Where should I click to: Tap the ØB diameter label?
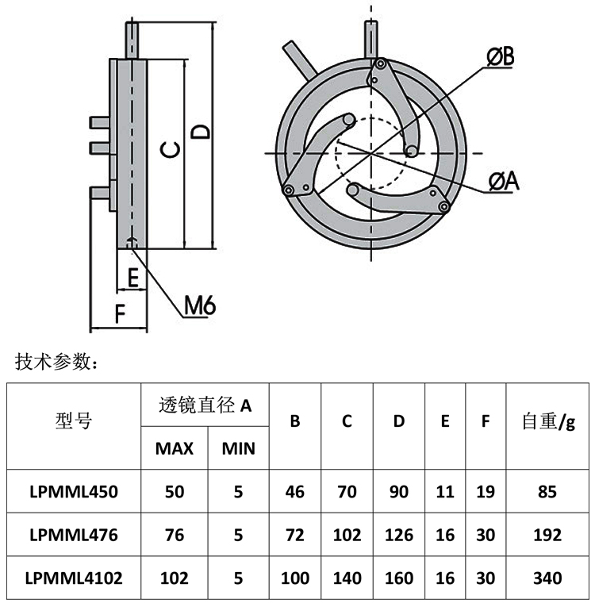pos(500,56)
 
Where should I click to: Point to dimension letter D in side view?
pos(202,131)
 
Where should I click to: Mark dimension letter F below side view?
pos(120,313)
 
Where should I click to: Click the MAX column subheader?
pos(175,448)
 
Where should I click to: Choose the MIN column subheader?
pos(238,448)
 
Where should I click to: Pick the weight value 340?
pos(547,578)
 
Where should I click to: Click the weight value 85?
pos(547,491)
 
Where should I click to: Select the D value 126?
pos(399,535)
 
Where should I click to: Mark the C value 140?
pos(347,578)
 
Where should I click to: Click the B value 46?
pos(295,491)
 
